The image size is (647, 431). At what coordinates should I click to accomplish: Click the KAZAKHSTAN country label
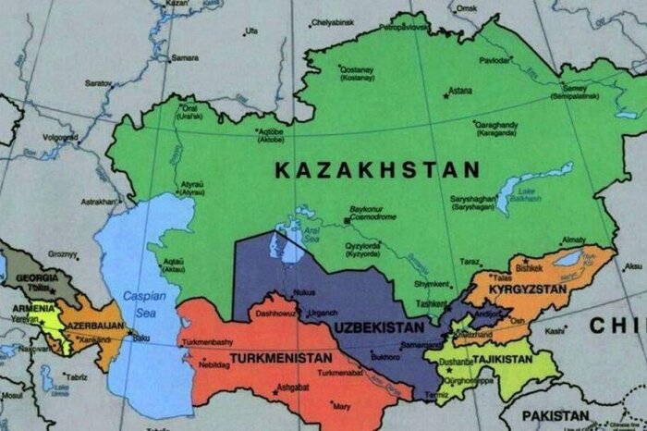(x=378, y=170)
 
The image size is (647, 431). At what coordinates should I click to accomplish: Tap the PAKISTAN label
(x=555, y=415)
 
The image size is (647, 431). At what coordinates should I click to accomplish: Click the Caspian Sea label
(x=141, y=302)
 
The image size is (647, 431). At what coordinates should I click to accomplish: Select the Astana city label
(x=459, y=92)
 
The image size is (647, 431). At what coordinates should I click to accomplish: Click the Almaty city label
(x=573, y=240)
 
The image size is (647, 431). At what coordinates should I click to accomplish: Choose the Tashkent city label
(x=433, y=303)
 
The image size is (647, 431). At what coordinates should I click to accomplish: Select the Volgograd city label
(x=59, y=137)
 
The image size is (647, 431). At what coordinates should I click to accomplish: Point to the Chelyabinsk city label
(x=333, y=21)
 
